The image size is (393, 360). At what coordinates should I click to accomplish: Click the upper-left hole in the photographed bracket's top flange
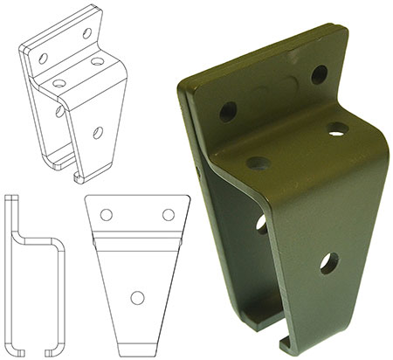pos(229,111)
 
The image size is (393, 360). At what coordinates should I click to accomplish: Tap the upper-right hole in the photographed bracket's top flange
pos(320,75)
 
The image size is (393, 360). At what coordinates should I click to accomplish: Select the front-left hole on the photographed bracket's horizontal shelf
pos(257,163)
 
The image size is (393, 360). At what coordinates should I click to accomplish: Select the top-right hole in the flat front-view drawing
pos(168,214)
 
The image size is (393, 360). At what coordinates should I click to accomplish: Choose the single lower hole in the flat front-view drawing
pos(137,297)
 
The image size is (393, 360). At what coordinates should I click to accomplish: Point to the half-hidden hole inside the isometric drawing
pos(60,112)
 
